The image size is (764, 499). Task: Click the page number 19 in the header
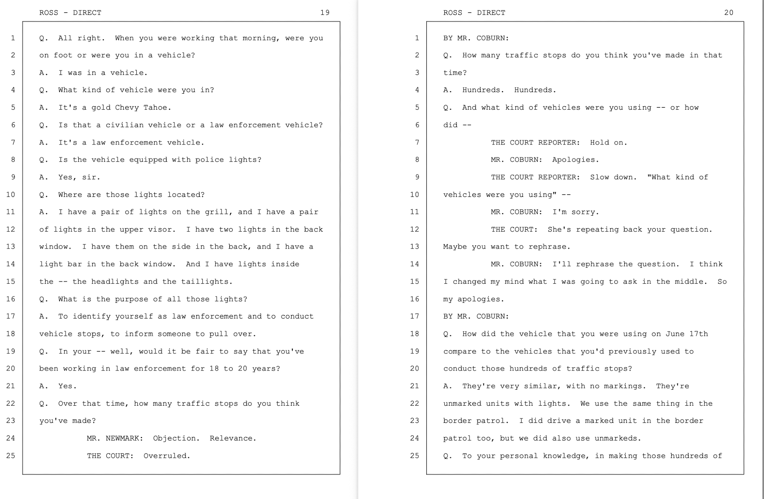pos(325,13)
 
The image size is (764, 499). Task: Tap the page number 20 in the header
pos(728,13)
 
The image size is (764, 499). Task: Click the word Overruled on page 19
pos(167,456)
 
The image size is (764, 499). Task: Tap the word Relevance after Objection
pos(233,438)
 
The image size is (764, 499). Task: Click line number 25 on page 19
pos(11,456)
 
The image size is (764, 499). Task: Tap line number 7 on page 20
pos(417,143)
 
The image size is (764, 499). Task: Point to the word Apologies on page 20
pos(575,160)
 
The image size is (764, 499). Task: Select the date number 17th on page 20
pos(699,334)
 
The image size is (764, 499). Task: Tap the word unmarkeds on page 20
pos(618,438)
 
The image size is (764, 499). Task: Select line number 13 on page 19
pos(11,247)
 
